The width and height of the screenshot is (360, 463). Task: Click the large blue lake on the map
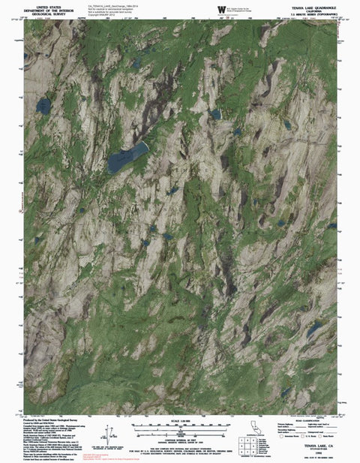[x=127, y=158]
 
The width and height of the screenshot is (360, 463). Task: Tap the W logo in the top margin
[x=220, y=9]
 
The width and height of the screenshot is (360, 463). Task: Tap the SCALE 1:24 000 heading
[x=180, y=419]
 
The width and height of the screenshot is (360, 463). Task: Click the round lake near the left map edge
[x=43, y=105]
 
